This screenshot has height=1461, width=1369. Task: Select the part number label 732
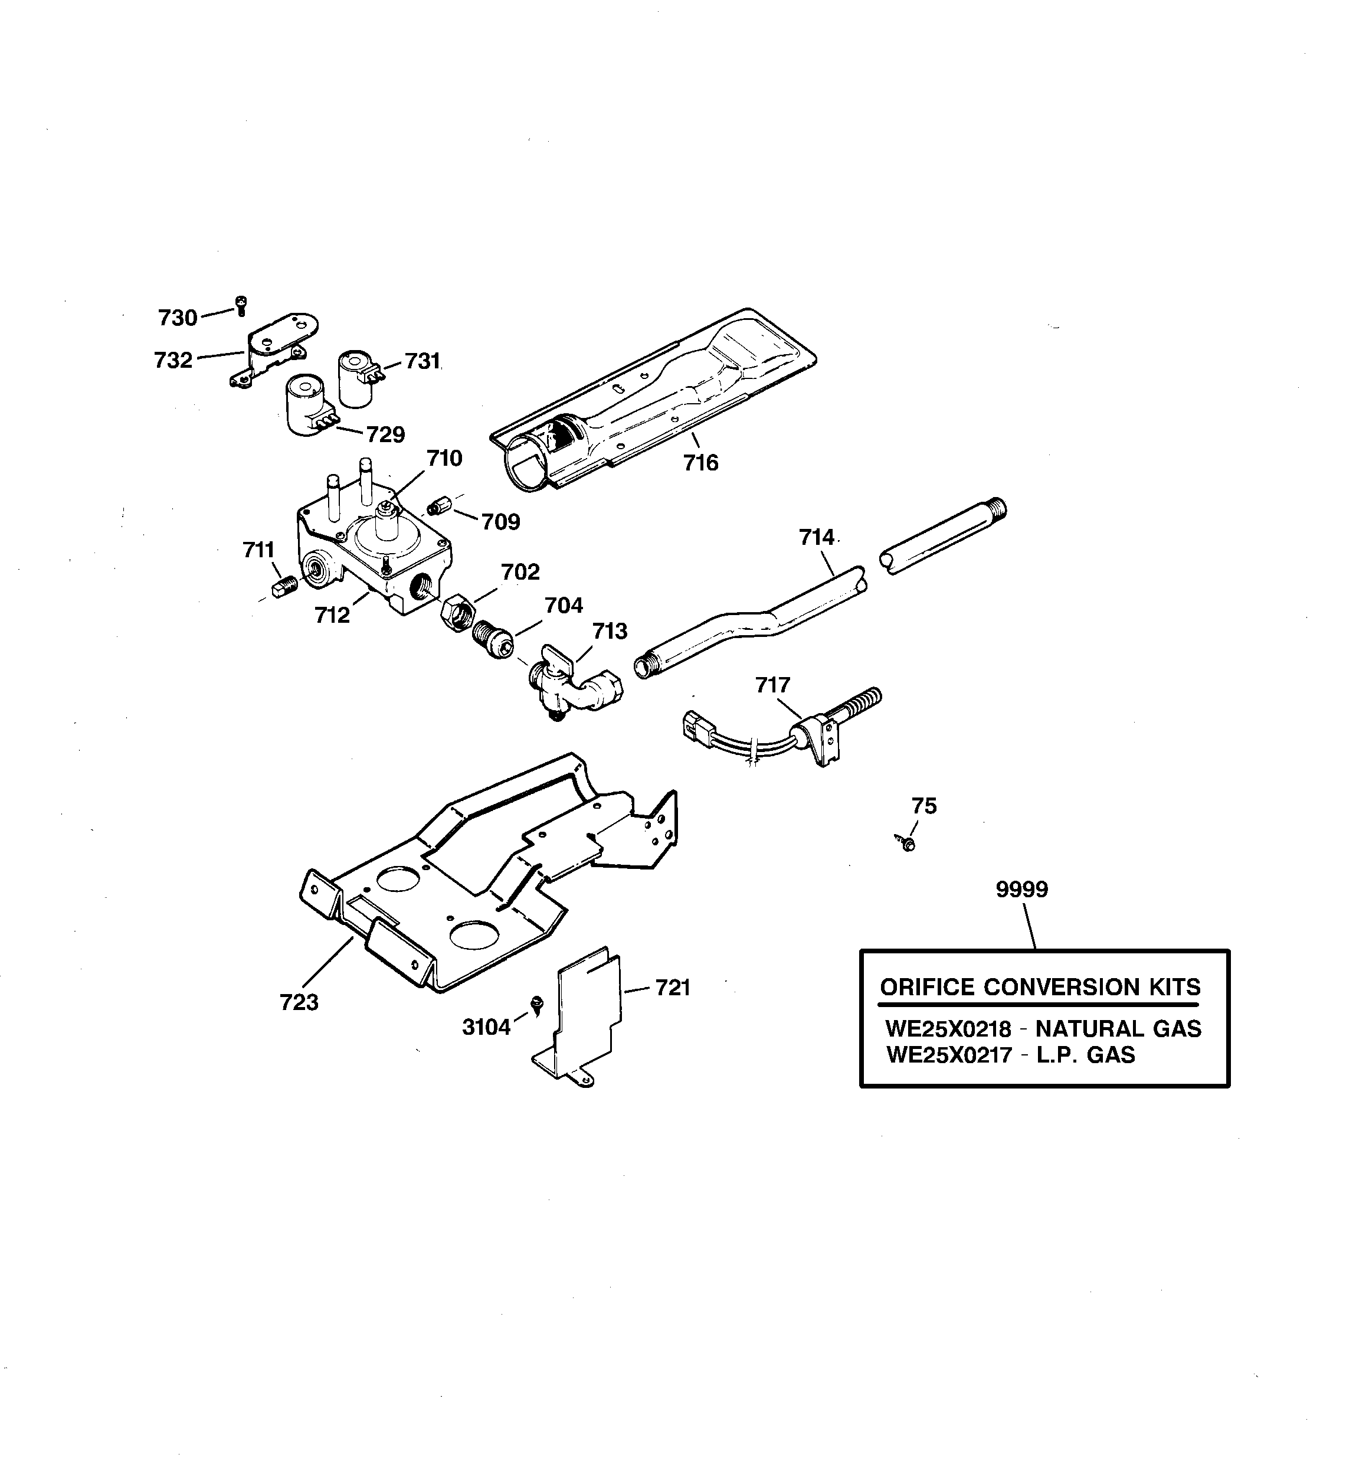(x=173, y=360)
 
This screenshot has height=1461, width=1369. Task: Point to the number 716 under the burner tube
(x=700, y=463)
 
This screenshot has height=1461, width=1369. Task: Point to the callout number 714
(x=817, y=538)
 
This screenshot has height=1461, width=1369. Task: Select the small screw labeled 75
(x=908, y=843)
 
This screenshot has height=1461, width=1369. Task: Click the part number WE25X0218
(x=948, y=1028)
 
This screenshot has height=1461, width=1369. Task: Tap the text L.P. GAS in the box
(x=1085, y=1055)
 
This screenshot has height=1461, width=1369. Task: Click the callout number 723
(x=299, y=1002)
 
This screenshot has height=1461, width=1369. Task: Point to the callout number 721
(x=672, y=988)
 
